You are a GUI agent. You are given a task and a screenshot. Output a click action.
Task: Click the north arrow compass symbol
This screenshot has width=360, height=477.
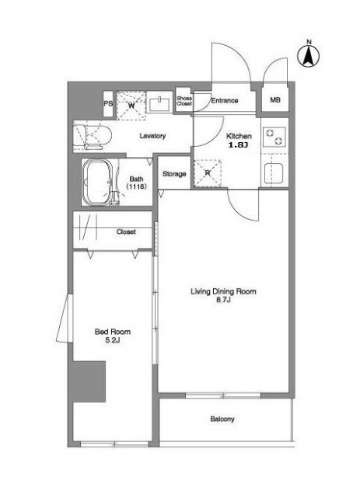[309, 55]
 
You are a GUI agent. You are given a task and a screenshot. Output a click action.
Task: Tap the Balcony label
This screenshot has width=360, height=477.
[222, 420]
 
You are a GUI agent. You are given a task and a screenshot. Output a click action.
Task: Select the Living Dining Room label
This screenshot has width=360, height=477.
[223, 291]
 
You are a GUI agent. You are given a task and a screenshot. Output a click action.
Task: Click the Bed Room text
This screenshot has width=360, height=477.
[113, 332]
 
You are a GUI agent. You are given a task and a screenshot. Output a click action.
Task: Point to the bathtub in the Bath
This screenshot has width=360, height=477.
[98, 183]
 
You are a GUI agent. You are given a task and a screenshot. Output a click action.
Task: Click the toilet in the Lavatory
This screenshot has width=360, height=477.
[93, 137]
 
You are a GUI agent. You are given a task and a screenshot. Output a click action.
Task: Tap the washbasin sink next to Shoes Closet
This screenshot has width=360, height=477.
[159, 104]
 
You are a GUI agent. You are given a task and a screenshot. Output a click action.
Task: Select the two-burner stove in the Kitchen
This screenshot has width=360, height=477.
[274, 137]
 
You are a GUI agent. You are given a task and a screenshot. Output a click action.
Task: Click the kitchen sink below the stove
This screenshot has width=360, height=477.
[274, 173]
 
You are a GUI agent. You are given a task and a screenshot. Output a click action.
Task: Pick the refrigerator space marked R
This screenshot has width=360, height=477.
[208, 173]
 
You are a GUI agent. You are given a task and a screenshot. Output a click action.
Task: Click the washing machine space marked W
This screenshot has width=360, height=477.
[131, 105]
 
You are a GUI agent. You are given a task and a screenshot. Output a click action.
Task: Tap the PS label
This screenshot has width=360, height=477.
[108, 104]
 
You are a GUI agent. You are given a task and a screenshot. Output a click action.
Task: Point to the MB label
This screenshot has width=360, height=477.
[275, 99]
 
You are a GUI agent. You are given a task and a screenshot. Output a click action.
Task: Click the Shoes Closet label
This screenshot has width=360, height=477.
[184, 101]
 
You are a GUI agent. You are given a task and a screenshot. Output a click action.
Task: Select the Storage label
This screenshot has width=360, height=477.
[174, 174]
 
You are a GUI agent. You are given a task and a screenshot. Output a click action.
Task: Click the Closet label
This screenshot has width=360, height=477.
[126, 232]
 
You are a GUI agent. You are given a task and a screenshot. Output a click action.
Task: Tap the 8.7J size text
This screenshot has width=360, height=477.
[223, 300]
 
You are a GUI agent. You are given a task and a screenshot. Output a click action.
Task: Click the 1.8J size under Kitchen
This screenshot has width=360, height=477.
[239, 144]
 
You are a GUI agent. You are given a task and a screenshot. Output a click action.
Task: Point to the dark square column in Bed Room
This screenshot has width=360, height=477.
[89, 381]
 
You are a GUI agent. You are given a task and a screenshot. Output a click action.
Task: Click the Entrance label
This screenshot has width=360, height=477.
[225, 100]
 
